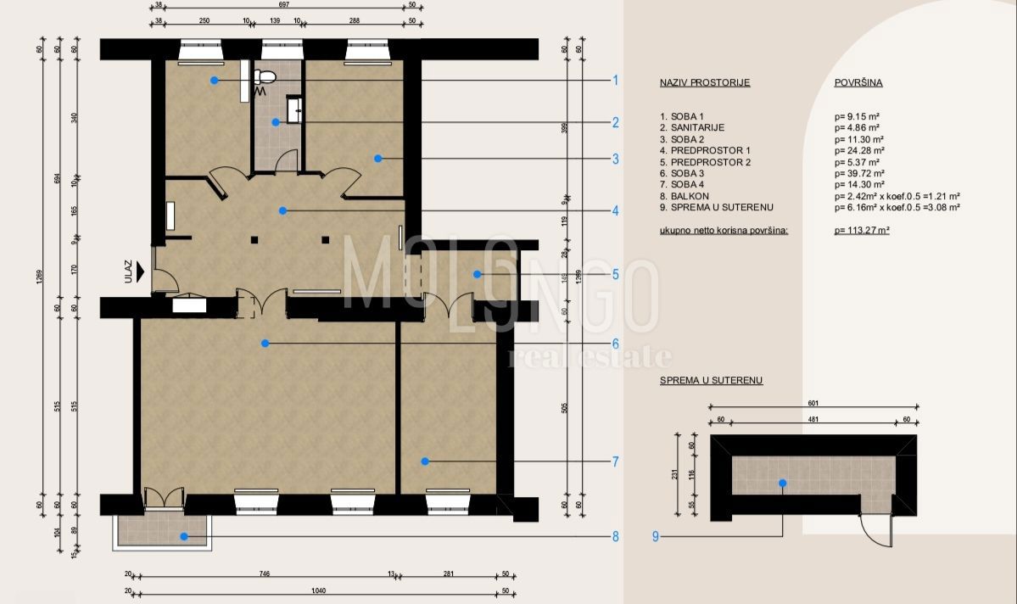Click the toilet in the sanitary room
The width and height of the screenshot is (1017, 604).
265,77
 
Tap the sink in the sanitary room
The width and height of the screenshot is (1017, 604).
295,108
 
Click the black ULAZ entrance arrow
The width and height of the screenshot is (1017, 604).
141,271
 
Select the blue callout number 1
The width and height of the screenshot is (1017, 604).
615,81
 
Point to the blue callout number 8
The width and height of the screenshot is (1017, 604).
615,536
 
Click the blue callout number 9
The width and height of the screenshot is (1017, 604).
656,536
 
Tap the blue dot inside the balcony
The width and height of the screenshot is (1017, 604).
182,536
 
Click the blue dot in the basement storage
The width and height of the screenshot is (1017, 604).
782,483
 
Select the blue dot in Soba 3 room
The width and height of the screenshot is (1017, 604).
265,344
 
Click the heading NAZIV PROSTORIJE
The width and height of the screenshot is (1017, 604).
705,83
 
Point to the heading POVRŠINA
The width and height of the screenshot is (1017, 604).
858,83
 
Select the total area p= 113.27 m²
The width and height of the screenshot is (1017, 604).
862,230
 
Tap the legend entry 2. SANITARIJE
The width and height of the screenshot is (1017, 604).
693,127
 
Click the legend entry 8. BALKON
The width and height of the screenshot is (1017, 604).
686,196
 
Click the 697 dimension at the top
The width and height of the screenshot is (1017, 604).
285,4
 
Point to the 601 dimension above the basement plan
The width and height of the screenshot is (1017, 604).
813,405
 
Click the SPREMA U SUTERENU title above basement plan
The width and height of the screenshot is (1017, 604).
711,381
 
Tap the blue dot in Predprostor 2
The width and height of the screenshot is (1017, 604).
478,274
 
